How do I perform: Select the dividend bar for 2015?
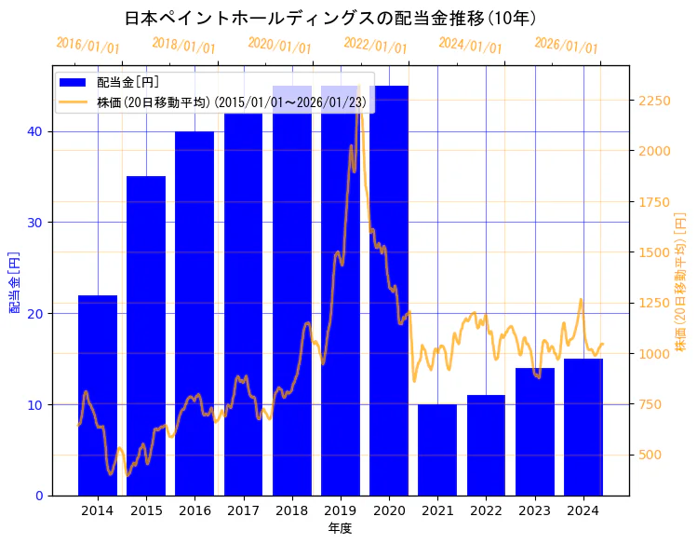pyautogui.click(x=146, y=335)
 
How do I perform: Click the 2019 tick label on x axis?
pyautogui.click(x=341, y=510)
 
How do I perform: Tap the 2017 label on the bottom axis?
pyautogui.click(x=243, y=510)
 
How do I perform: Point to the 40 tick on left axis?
pyautogui.click(x=34, y=131)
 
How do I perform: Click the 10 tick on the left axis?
pyautogui.click(x=34, y=404)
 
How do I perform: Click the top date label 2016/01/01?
pyautogui.click(x=88, y=46)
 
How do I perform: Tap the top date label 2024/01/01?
pyautogui.click(x=471, y=46)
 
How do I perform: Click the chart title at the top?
pyautogui.click(x=330, y=18)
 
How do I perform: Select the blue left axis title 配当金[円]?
pyautogui.click(x=14, y=281)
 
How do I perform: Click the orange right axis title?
pyautogui.click(x=681, y=281)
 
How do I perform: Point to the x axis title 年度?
pyautogui.click(x=340, y=528)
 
